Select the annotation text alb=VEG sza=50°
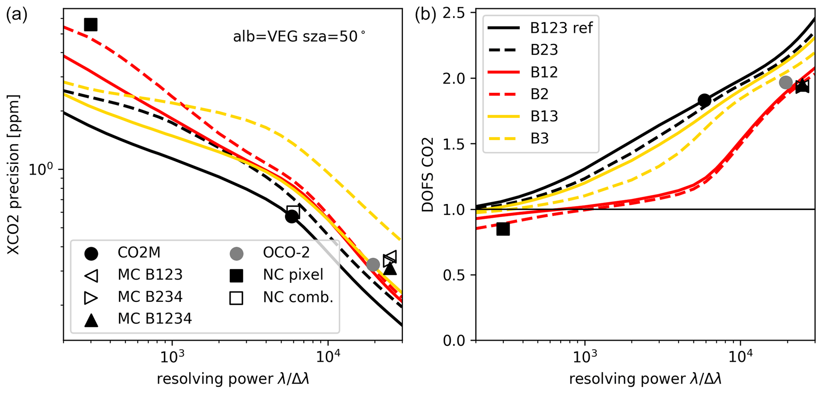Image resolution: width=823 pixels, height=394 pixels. tap(299, 37)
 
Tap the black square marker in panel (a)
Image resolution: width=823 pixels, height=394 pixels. tap(91, 25)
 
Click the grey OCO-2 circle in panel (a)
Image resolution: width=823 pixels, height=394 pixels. tap(373, 264)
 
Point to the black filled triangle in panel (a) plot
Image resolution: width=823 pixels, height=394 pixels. tap(390, 269)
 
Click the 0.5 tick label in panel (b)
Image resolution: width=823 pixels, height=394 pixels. tap(457, 275)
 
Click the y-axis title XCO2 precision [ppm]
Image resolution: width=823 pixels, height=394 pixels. tap(14, 174)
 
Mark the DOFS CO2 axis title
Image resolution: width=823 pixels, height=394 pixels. tap(428, 174)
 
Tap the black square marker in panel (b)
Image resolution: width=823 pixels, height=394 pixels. tap(503, 229)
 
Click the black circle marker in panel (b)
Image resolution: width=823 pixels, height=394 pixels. tap(704, 100)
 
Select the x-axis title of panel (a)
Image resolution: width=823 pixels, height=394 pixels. tap(233, 379)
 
